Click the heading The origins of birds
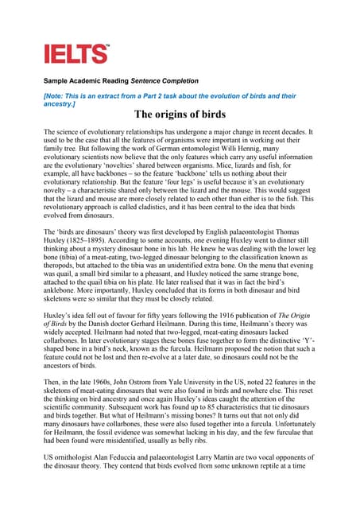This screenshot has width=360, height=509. [x=180, y=114]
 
